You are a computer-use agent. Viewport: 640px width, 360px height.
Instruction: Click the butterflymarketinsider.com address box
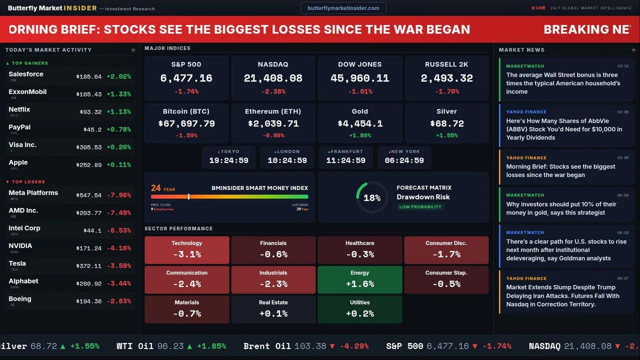pyautogui.click(x=343, y=8)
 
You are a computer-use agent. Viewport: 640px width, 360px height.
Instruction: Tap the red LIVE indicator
pyautogui.click(x=538, y=8)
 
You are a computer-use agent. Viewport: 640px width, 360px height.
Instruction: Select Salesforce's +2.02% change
pyautogui.click(x=118, y=77)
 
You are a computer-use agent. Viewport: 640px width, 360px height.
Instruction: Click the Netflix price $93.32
pyautogui.click(x=90, y=112)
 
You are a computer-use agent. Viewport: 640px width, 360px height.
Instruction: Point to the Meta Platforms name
pyautogui.click(x=33, y=193)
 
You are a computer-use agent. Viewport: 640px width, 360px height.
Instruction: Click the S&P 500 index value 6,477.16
pyautogui.click(x=186, y=78)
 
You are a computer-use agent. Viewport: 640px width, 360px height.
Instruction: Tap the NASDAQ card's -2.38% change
pyautogui.click(x=273, y=91)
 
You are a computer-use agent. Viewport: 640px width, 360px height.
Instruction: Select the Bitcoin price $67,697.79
pyautogui.click(x=186, y=123)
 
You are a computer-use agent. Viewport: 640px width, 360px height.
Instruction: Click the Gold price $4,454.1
pyautogui.click(x=359, y=123)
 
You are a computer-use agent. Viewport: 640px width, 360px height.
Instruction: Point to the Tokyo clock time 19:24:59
pyautogui.click(x=228, y=160)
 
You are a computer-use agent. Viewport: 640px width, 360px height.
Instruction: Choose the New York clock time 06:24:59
pyautogui.click(x=404, y=160)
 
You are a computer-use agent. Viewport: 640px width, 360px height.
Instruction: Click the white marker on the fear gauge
pyautogui.click(x=188, y=196)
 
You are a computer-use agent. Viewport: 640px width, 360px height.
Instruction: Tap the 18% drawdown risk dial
pyautogui.click(x=372, y=197)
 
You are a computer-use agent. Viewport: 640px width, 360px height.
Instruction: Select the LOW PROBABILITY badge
pyautogui.click(x=420, y=207)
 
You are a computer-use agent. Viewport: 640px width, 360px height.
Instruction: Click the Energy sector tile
pyautogui.click(x=359, y=279)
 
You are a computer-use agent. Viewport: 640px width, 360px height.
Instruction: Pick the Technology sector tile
pyautogui.click(x=186, y=250)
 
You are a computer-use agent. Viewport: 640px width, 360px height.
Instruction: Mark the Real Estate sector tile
pyautogui.click(x=273, y=309)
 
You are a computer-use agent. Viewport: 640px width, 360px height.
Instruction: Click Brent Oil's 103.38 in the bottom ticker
pyautogui.click(x=310, y=346)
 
